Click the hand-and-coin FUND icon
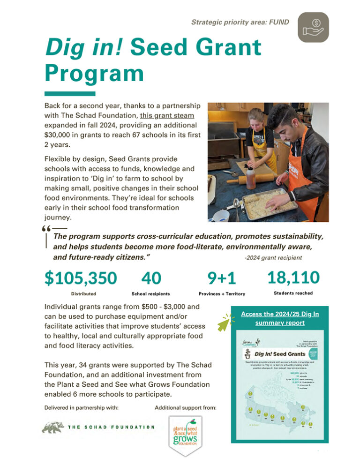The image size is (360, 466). [313, 27]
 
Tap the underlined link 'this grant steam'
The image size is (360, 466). [164, 115]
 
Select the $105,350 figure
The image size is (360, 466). [81, 278]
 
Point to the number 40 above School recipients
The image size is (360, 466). [151, 278]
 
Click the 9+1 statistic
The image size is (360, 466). [222, 278]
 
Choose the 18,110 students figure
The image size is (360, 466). [293, 278]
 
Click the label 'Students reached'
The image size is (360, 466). [293, 293]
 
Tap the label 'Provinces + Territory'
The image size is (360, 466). [222, 293]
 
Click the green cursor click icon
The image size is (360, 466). [226, 323]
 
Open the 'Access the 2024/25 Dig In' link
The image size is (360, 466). [280, 318]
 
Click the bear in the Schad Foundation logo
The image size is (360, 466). [53, 427]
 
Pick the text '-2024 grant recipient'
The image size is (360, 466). [273, 257]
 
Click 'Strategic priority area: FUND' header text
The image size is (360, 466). [240, 22]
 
